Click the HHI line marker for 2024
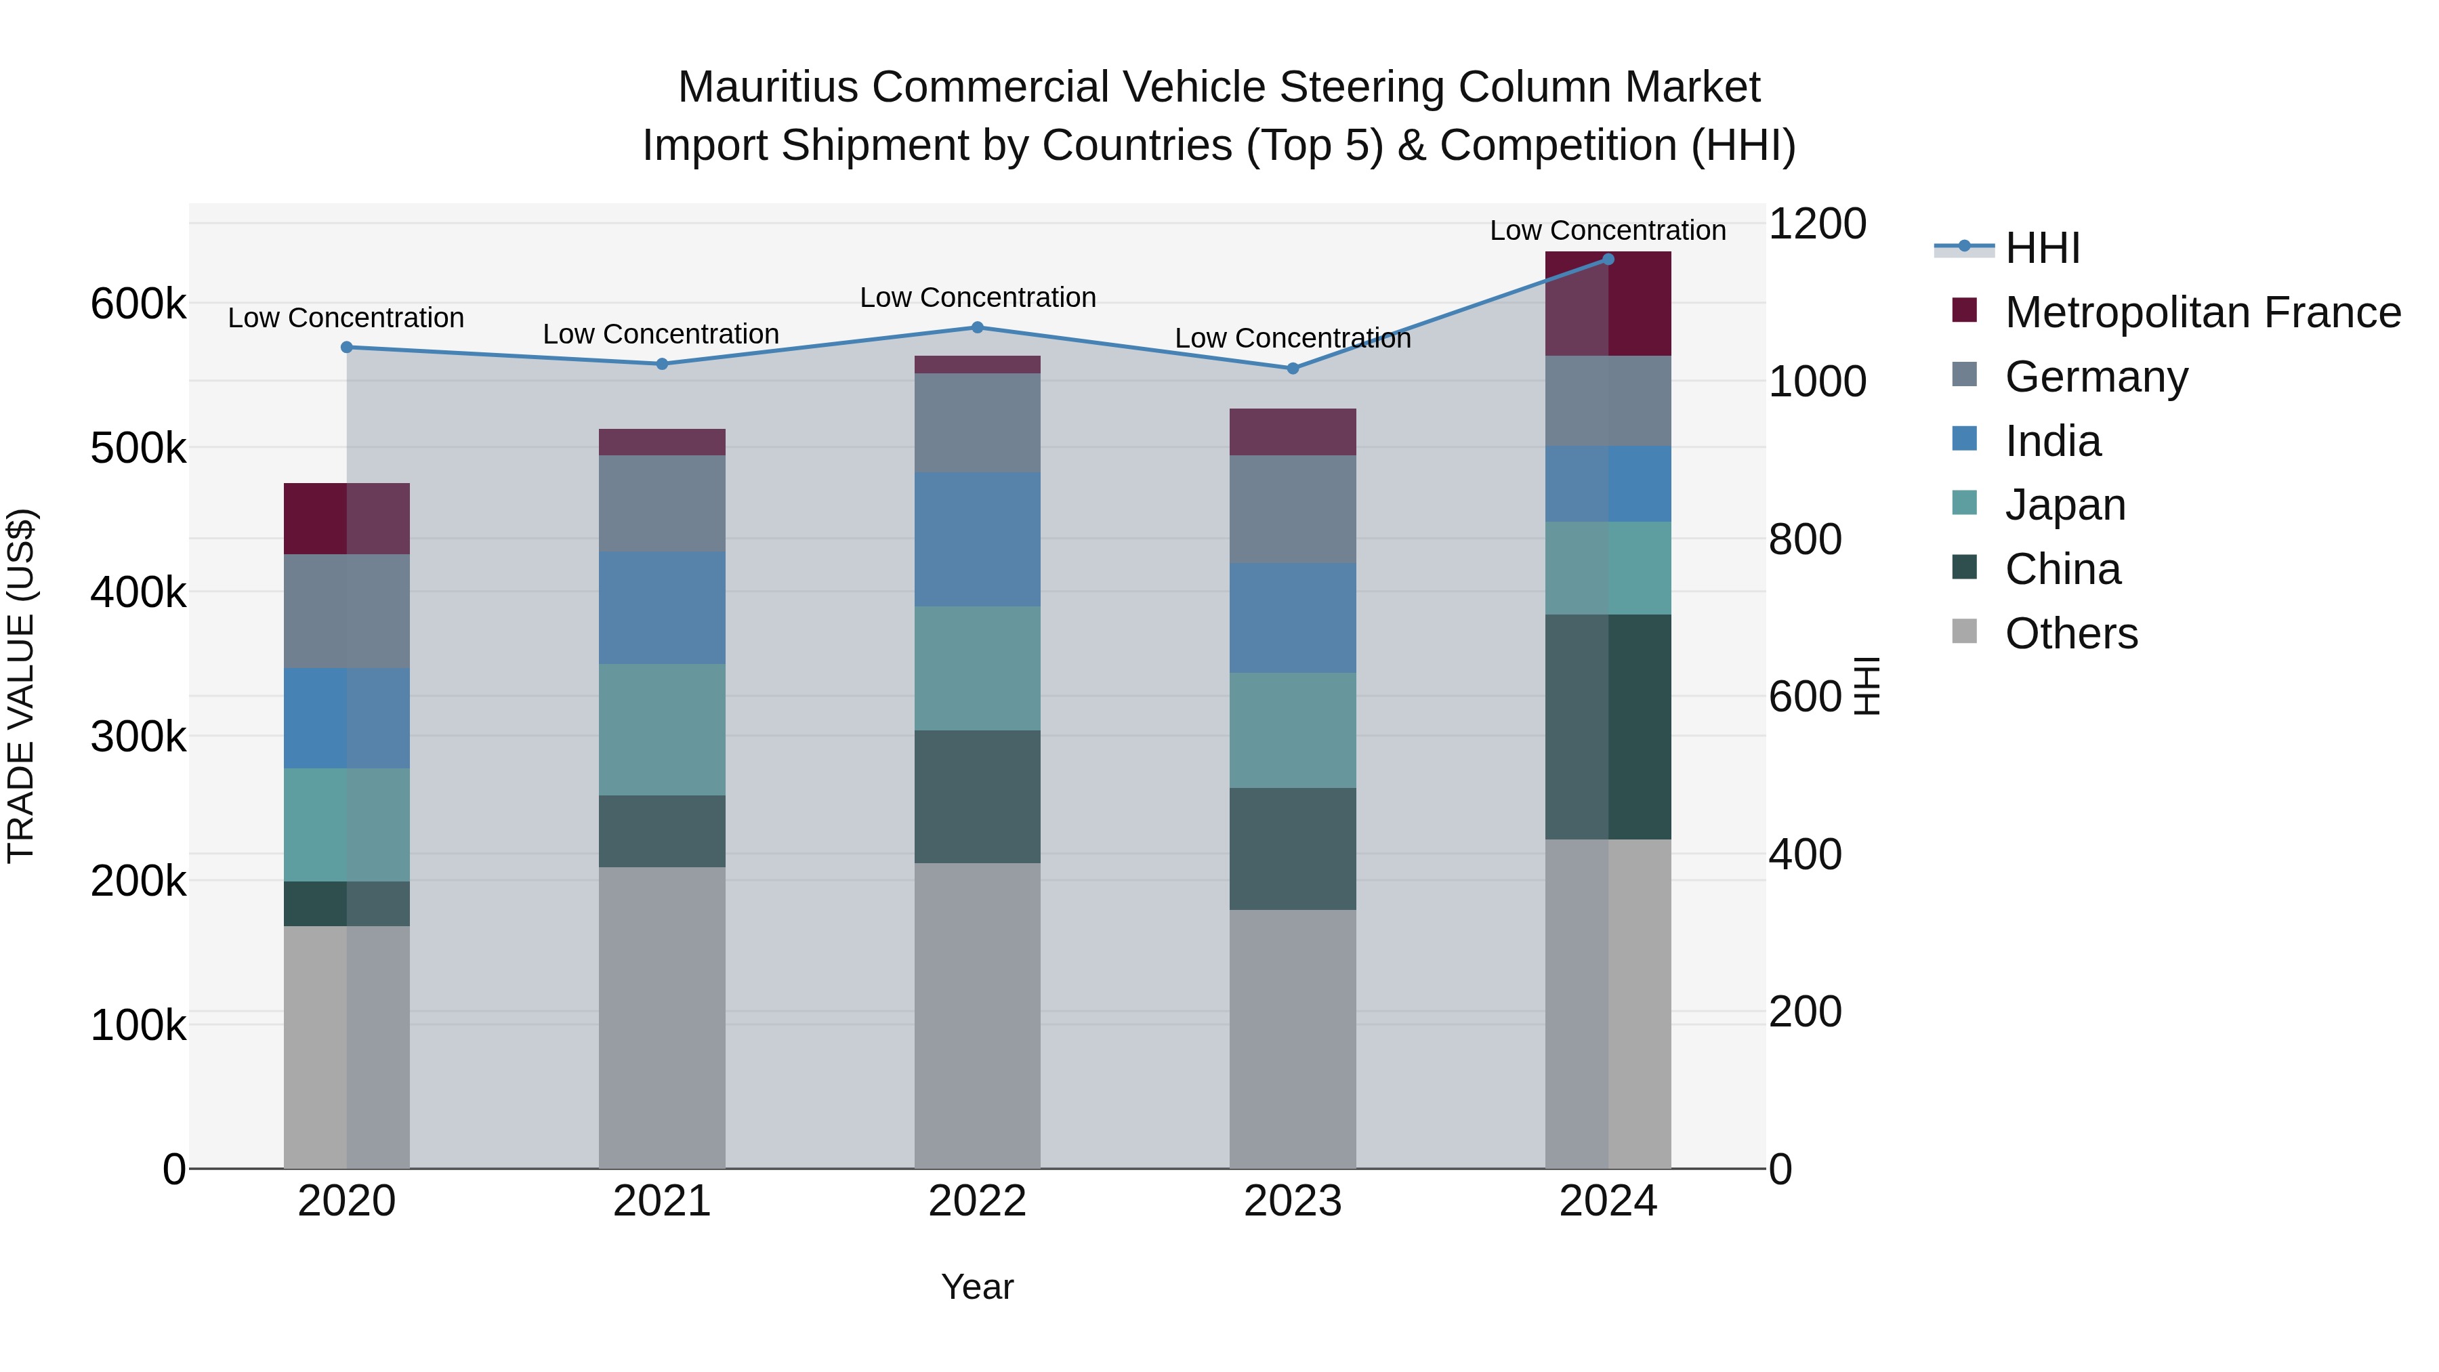(1608, 259)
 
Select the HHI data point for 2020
(346, 348)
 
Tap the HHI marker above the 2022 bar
(977, 328)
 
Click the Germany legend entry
(2096, 377)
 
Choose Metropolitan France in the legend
(2203, 312)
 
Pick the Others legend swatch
(1965, 631)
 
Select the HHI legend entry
(2041, 248)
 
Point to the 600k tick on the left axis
(138, 305)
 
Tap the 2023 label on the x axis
(1293, 1201)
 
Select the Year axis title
(977, 1287)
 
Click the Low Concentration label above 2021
(660, 334)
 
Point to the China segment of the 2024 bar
(1608, 726)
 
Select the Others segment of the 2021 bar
(662, 1017)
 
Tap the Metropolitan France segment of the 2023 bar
(1293, 432)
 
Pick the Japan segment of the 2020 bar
(346, 825)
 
